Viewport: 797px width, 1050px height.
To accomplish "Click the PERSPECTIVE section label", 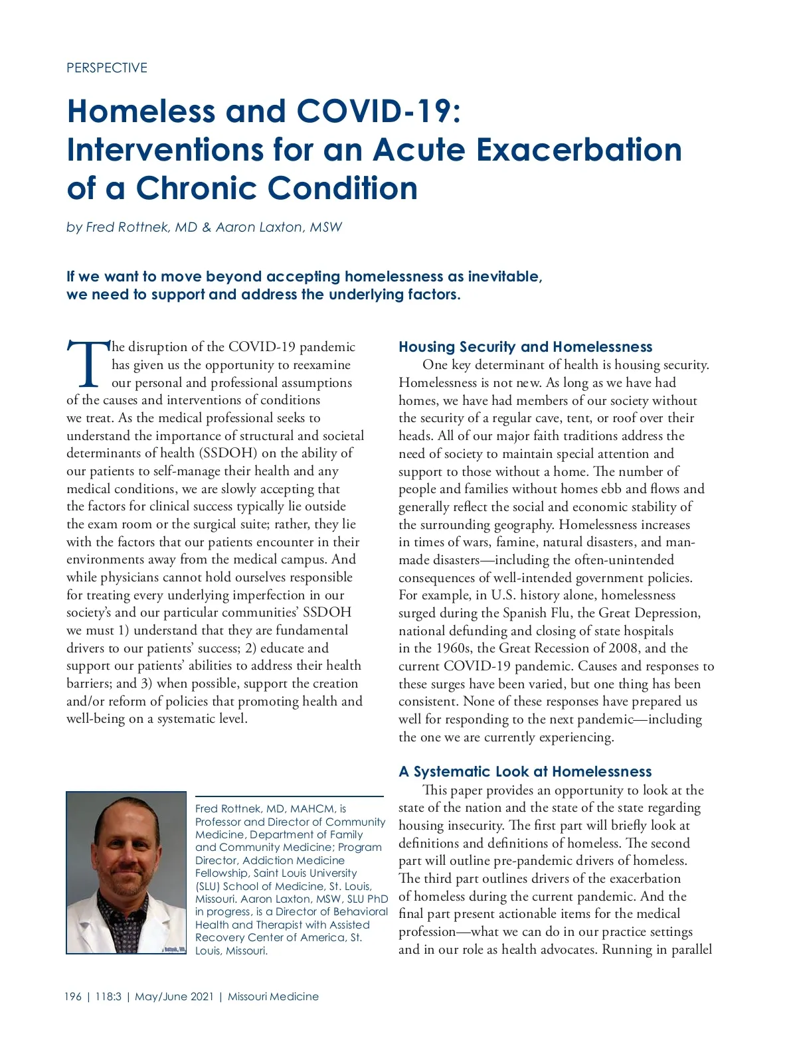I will (107, 68).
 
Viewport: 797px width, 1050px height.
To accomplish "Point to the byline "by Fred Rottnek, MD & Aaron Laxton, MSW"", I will (204, 227).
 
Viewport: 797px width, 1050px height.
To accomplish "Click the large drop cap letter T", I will (88, 364).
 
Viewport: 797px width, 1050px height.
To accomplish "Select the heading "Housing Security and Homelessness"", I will (525, 347).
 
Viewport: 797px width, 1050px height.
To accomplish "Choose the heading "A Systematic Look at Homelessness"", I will (525, 772).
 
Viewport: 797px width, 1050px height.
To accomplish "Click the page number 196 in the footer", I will (73, 997).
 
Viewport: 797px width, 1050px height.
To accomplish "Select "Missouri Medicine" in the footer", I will (273, 997).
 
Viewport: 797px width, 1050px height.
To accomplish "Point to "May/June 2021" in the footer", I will (174, 997).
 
